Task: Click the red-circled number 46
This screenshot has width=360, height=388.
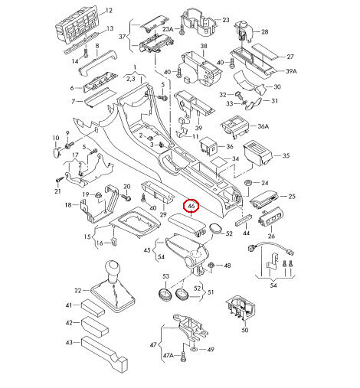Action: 191,206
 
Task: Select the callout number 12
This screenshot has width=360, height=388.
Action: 109,11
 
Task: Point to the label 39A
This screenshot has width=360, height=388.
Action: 291,71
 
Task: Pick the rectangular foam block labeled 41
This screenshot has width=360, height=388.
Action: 93,307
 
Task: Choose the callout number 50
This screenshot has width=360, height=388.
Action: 244,330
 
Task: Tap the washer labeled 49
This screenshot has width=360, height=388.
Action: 194,349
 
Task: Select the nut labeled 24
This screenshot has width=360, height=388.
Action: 247,183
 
